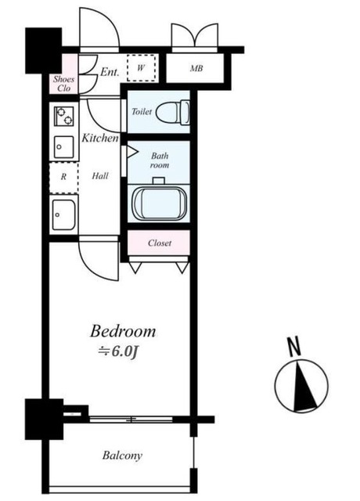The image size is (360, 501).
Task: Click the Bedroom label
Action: (x=123, y=330)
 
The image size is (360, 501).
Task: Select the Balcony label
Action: (x=122, y=456)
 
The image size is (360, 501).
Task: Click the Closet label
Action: (x=160, y=243)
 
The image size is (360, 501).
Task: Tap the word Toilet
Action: (x=142, y=113)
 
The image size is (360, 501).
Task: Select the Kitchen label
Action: (x=101, y=139)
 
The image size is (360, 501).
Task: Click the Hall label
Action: (x=100, y=176)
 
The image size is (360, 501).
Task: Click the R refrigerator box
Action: (x=63, y=177)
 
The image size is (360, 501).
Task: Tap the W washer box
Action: (x=141, y=69)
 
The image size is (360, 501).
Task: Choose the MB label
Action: (x=196, y=69)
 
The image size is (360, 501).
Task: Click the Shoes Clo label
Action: (x=63, y=83)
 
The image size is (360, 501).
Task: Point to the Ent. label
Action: (x=110, y=72)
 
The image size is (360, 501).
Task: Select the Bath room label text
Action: (x=159, y=160)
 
